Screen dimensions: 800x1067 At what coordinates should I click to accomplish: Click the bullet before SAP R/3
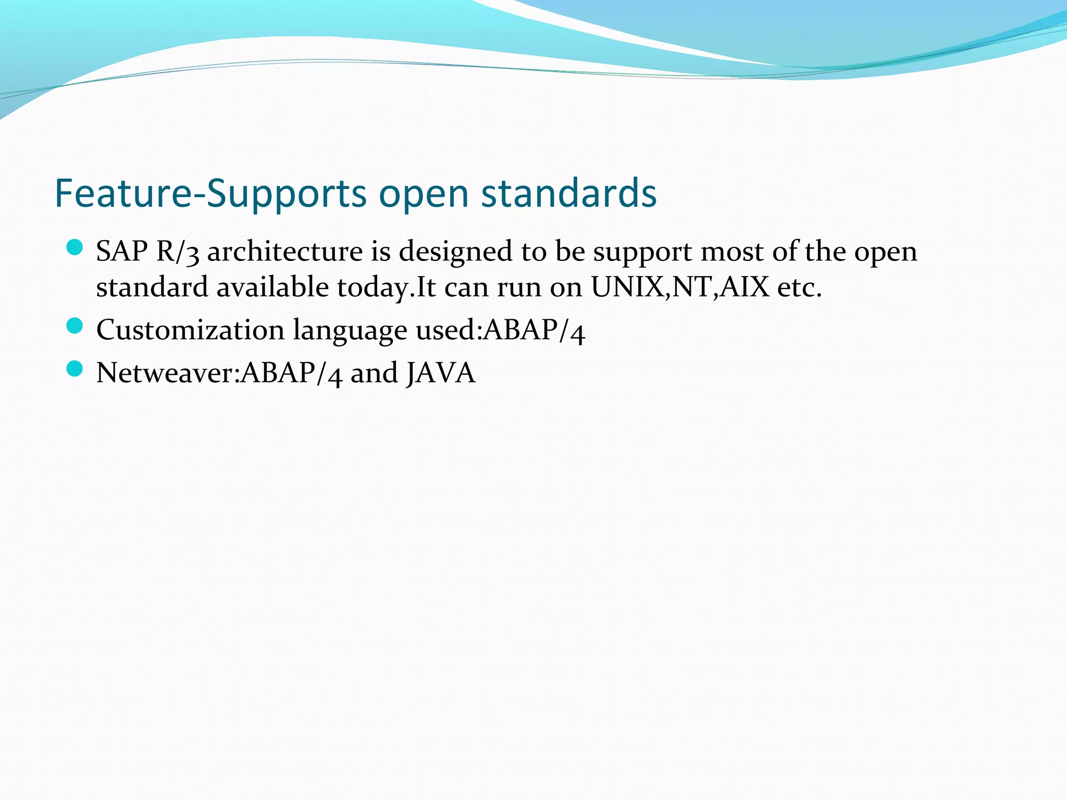coord(75,247)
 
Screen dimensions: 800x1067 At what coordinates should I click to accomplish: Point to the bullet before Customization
coord(75,326)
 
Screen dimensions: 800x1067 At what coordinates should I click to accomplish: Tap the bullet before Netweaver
coord(75,369)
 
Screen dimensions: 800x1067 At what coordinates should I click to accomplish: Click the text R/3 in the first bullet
coord(178,252)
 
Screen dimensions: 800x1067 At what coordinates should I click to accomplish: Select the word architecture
coord(285,252)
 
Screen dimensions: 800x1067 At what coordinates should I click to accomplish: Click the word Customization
coord(190,330)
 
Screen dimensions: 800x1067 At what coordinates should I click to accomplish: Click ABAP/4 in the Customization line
coord(535,330)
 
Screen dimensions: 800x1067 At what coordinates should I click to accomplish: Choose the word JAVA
coord(441,373)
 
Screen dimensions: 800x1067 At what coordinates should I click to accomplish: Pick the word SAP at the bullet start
coord(122,252)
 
